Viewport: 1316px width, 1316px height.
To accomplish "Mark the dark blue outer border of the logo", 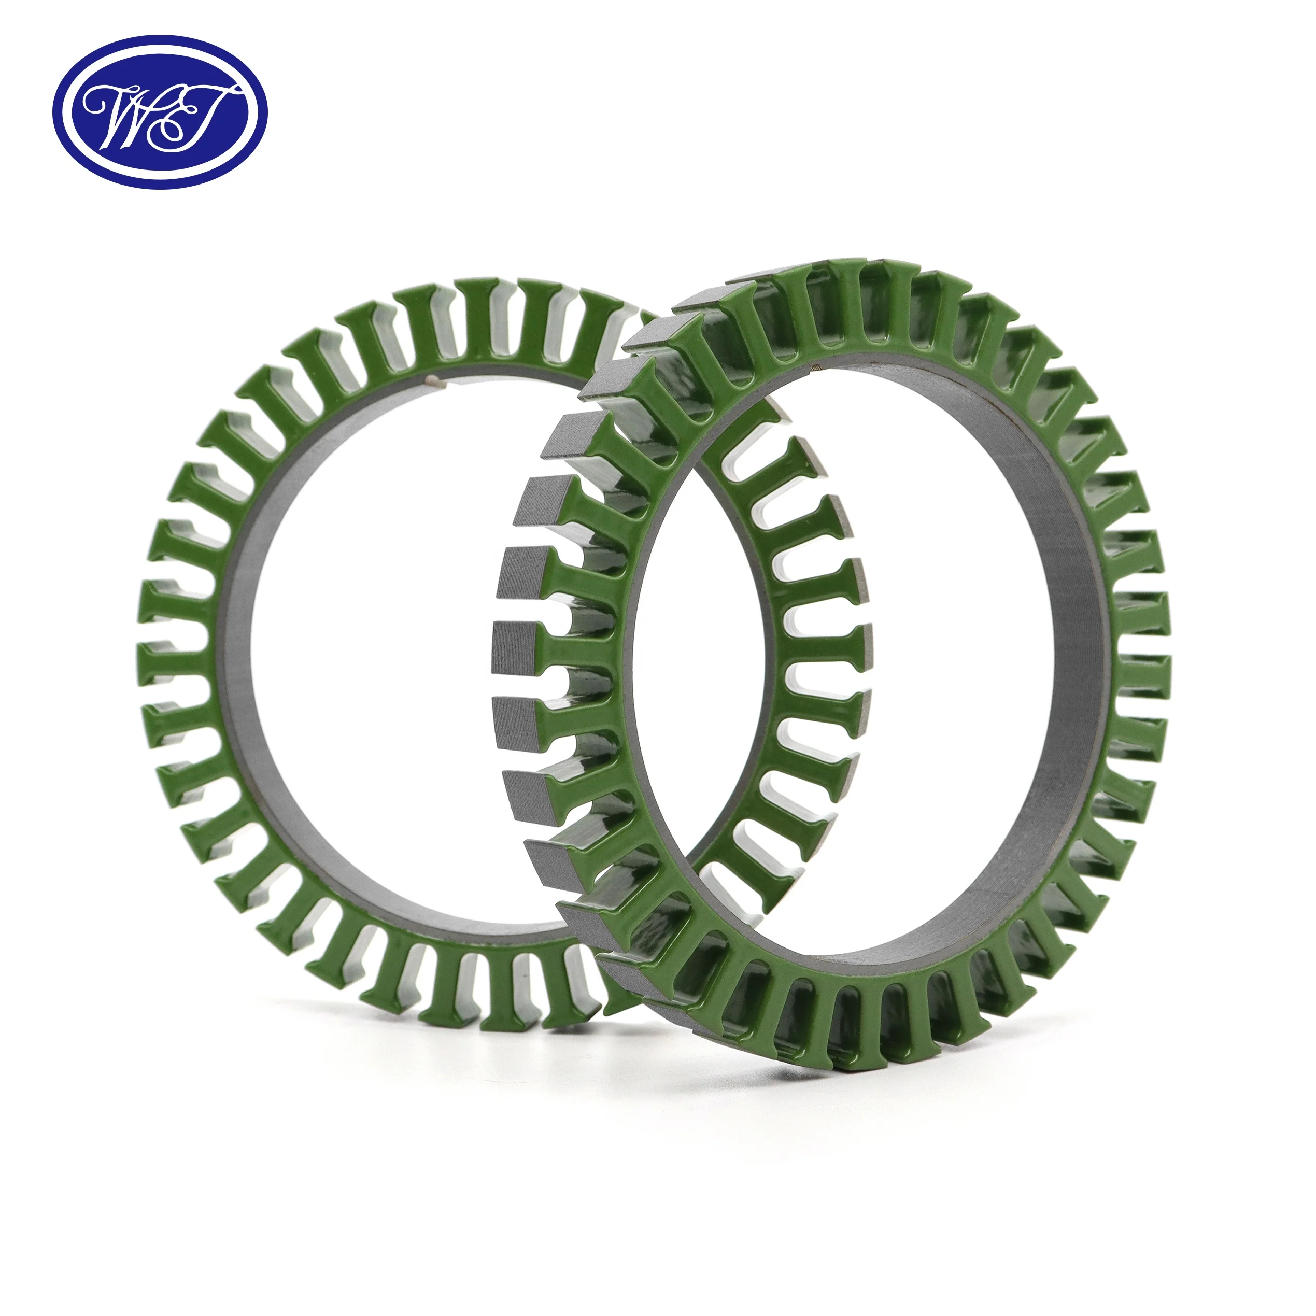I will click(x=161, y=40).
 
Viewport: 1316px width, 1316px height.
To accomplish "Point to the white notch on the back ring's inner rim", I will click(x=435, y=384).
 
